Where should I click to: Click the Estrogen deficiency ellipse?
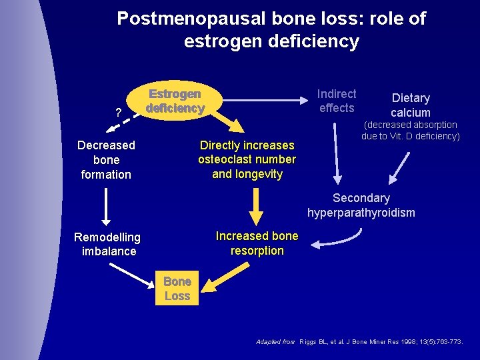click(175, 101)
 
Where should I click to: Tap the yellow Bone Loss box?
click(177, 289)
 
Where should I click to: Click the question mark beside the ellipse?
click(118, 113)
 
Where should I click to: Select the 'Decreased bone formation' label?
click(106, 160)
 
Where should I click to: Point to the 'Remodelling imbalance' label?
click(107, 244)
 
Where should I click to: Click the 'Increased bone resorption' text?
click(257, 243)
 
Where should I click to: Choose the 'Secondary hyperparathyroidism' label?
click(361, 205)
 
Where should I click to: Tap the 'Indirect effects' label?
click(337, 101)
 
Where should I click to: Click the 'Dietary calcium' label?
click(411, 105)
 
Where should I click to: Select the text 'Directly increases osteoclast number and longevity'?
click(247, 160)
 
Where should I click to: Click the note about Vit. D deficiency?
click(411, 131)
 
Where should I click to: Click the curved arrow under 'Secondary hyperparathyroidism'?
click(338, 238)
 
